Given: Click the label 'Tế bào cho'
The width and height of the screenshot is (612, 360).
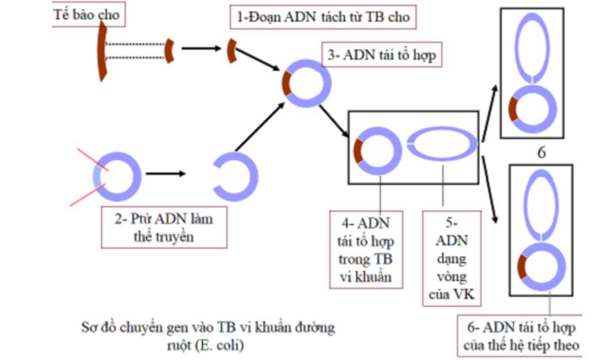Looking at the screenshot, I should pyautogui.click(x=86, y=14).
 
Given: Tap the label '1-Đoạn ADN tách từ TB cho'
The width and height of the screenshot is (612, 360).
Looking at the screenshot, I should pyautogui.click(x=323, y=17).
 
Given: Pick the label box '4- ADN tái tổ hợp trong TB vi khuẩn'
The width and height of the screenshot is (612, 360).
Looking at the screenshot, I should pyautogui.click(x=365, y=249).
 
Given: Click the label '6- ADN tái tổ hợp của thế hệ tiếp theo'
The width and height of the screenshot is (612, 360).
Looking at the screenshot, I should pyautogui.click(x=519, y=337).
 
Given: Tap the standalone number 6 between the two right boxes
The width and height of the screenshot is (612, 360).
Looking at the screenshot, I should pyautogui.click(x=541, y=152).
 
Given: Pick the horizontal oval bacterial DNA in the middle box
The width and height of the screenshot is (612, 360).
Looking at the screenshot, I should pyautogui.click(x=443, y=144).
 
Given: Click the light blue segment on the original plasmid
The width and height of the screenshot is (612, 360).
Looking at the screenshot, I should pyautogui.click(x=96, y=177).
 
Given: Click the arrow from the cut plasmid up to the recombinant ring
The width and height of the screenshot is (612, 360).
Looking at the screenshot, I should pyautogui.click(x=257, y=128).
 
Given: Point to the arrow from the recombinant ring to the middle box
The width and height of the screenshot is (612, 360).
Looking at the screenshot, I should pyautogui.click(x=334, y=121).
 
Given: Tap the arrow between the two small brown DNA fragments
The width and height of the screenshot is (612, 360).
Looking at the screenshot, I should pyautogui.click(x=201, y=48).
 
